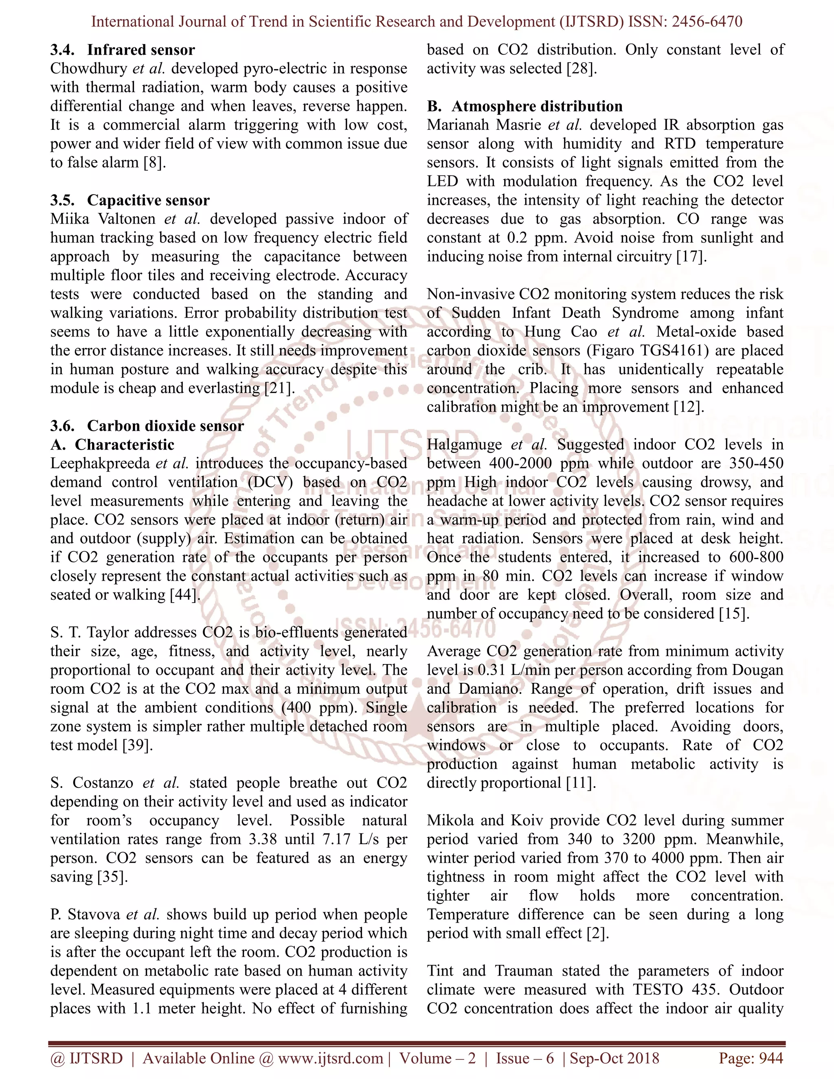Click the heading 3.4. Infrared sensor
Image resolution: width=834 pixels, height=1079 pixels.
(x=123, y=50)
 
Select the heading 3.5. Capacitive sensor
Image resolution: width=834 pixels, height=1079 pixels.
(x=130, y=200)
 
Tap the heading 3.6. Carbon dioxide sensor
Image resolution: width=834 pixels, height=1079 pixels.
(x=147, y=426)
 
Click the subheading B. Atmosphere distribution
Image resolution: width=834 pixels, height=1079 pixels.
(x=525, y=106)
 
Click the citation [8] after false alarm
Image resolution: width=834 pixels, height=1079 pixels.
(x=153, y=163)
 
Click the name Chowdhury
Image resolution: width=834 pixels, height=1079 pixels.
(x=89, y=69)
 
